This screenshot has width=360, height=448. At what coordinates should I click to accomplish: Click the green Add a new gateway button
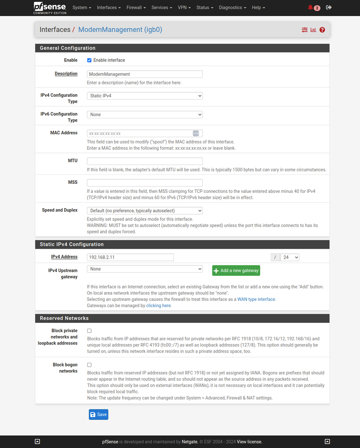pos(236,270)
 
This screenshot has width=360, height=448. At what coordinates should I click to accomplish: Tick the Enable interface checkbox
pos(89,60)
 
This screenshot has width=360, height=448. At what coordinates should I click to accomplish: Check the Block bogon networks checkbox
pos(89,365)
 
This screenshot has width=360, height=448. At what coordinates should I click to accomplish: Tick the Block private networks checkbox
pos(89,331)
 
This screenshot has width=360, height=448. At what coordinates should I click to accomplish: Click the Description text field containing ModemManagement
pos(145,74)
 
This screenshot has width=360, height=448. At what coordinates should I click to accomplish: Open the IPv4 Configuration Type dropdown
pos(145,96)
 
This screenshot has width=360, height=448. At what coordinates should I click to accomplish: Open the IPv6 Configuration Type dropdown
pos(145,114)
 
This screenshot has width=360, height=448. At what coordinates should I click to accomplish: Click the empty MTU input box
pos(145,161)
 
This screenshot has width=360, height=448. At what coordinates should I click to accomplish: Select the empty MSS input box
pos(145,183)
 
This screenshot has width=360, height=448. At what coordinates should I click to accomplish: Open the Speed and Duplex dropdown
pos(145,210)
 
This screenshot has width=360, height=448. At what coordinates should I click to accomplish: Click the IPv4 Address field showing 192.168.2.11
pos(130,257)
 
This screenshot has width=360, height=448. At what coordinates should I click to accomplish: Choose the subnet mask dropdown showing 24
pos(289,257)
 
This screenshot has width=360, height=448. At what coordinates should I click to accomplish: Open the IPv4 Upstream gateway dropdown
pos(145,269)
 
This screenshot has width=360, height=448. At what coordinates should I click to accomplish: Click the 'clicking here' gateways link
pos(159,305)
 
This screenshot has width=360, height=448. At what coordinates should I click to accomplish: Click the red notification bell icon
pos(311,8)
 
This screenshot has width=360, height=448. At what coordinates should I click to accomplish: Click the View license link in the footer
pos(249,442)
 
